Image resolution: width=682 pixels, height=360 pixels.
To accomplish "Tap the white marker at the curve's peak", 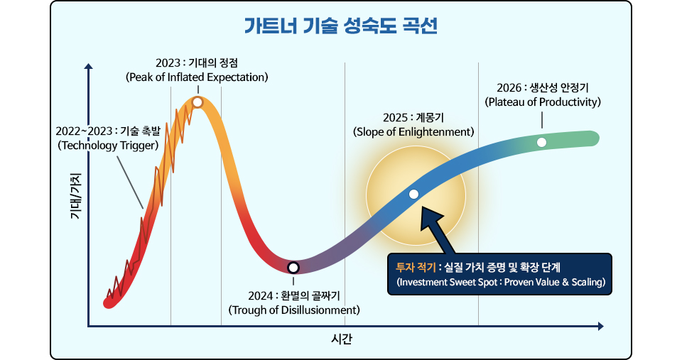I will click(x=197, y=102).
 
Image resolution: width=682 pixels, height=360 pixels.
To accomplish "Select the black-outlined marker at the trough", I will click(x=293, y=268).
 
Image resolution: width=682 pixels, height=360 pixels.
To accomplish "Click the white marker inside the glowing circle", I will click(x=414, y=195).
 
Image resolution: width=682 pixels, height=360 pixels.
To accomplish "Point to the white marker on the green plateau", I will click(x=542, y=142).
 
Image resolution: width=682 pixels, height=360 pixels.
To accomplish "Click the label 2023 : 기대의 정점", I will click(x=196, y=62).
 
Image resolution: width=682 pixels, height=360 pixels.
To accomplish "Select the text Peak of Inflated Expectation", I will click(x=196, y=77).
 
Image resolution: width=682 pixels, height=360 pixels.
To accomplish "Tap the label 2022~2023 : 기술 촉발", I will click(x=107, y=131).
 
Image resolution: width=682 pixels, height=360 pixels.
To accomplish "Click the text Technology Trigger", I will click(x=107, y=145).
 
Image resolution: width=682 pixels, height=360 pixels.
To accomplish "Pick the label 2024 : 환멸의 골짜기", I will click(x=294, y=295).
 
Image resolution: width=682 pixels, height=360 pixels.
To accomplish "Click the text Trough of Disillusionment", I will click(x=294, y=310).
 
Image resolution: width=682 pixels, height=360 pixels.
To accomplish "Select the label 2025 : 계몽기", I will click(x=413, y=117).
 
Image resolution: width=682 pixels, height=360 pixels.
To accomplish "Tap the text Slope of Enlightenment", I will click(x=413, y=131).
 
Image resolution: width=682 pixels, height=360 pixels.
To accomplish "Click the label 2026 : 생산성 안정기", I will click(x=543, y=87).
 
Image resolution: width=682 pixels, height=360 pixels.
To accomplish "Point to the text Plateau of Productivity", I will click(x=543, y=102).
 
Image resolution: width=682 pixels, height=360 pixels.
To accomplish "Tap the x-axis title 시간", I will click(x=341, y=339).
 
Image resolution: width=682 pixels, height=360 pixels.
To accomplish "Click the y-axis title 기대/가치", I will click(x=76, y=195).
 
